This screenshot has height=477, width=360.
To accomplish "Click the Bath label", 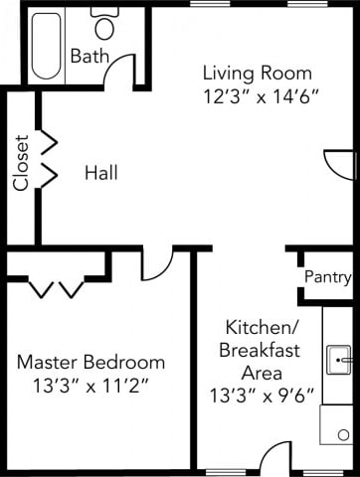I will (89, 57).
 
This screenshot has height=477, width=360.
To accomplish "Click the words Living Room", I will (257, 73).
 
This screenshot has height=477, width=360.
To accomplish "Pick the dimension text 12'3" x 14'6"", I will (257, 97).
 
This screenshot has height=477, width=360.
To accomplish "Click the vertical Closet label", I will (21, 162).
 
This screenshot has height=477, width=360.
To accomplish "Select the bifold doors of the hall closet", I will (47, 158).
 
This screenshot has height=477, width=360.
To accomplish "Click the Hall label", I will (101, 173).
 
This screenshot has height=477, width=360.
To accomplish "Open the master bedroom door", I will (156, 263).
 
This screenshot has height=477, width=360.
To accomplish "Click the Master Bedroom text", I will (90, 362).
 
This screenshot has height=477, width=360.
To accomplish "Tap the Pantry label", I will (325, 275).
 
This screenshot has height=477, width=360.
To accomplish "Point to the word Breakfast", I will (257, 350).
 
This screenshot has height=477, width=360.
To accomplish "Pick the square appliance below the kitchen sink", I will (336, 424).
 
